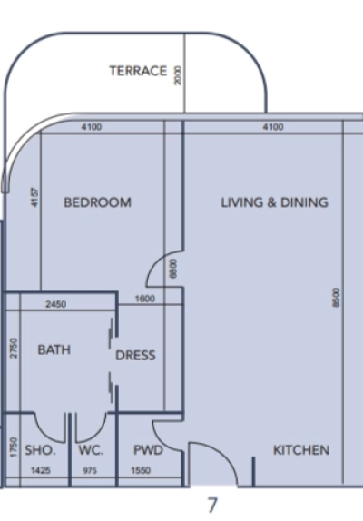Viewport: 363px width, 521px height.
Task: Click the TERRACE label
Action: (138, 71)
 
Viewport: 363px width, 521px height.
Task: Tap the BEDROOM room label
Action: (97, 202)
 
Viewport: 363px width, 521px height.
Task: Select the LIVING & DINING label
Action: (274, 202)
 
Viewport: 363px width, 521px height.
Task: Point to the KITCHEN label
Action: (301, 450)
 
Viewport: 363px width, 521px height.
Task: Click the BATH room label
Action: (54, 349)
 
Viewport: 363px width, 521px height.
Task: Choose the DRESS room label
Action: (135, 356)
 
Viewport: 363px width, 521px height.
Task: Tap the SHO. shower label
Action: (40, 450)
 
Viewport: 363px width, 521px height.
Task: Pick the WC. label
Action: (91, 450)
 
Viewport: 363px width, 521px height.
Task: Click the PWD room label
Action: (148, 450)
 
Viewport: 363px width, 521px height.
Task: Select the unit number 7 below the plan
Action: (212, 504)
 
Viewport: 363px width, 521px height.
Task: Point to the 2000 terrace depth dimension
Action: (178, 74)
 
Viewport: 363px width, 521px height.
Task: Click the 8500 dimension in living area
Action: (336, 299)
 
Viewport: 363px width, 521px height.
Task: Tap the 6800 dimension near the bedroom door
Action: (173, 269)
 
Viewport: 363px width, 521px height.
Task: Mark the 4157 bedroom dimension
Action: (34, 198)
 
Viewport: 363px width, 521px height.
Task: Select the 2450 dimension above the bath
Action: (56, 304)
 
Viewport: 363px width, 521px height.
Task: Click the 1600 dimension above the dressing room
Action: (145, 299)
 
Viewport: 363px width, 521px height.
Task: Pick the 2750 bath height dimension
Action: (14, 349)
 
